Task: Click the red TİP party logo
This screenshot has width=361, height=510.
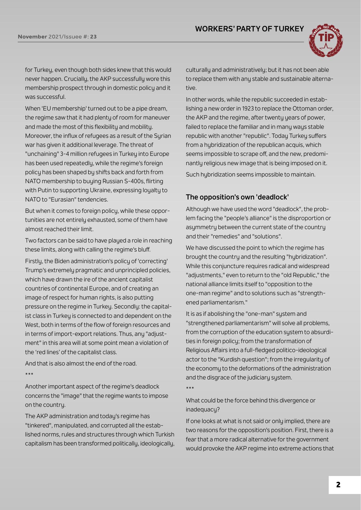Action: [327, 41]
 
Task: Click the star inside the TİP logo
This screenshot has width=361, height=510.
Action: [327, 47]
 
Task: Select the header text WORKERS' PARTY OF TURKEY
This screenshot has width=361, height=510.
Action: [249, 29]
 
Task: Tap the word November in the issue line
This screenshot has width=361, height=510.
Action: [32, 37]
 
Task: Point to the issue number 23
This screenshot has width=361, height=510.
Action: [93, 37]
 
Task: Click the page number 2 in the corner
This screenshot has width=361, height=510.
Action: [338, 485]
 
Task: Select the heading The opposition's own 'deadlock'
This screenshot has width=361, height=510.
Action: [237, 197]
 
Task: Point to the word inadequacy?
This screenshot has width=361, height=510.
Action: [203, 410]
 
